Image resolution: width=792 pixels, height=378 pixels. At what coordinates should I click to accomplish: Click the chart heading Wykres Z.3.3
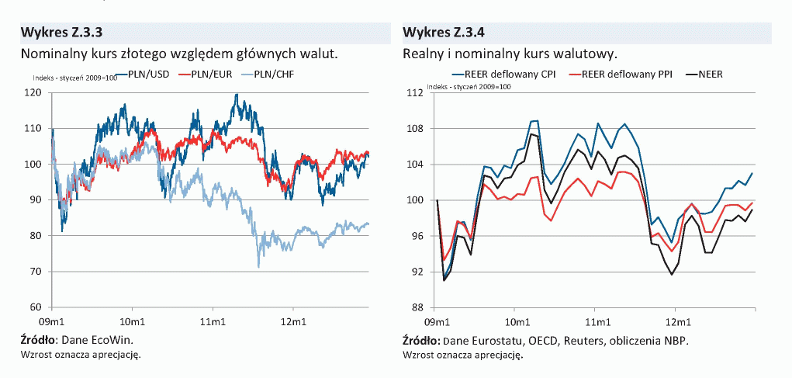pyautogui.click(x=63, y=33)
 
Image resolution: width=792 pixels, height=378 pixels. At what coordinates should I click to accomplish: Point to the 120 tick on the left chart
pyautogui.click(x=33, y=92)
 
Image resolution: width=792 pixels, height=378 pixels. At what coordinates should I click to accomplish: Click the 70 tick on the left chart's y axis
pyautogui.click(x=36, y=272)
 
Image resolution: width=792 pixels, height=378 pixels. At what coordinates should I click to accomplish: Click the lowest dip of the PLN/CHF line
pyautogui.click(x=258, y=266)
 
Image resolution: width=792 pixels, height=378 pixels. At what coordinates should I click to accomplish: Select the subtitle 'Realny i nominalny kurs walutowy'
pyautogui.click(x=510, y=54)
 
